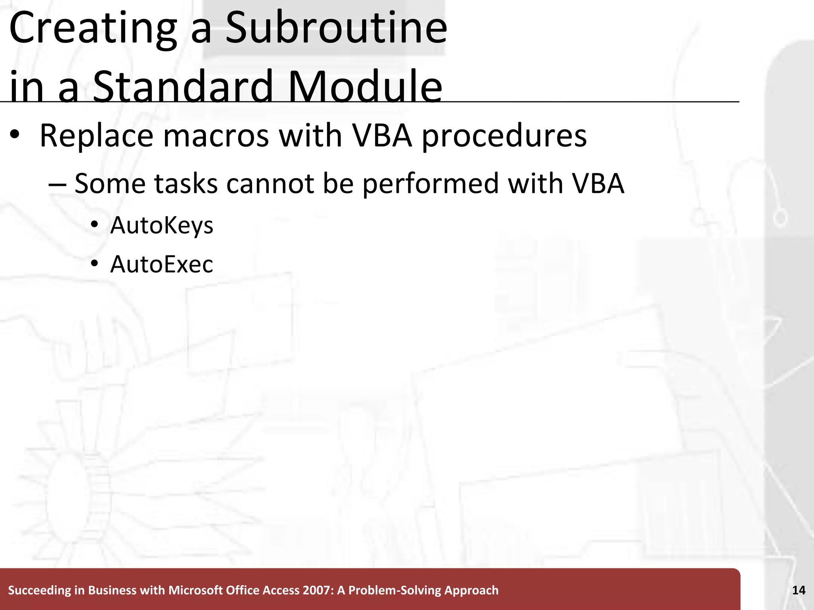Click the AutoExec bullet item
click(161, 264)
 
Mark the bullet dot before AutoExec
click(94, 263)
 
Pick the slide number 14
click(798, 590)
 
